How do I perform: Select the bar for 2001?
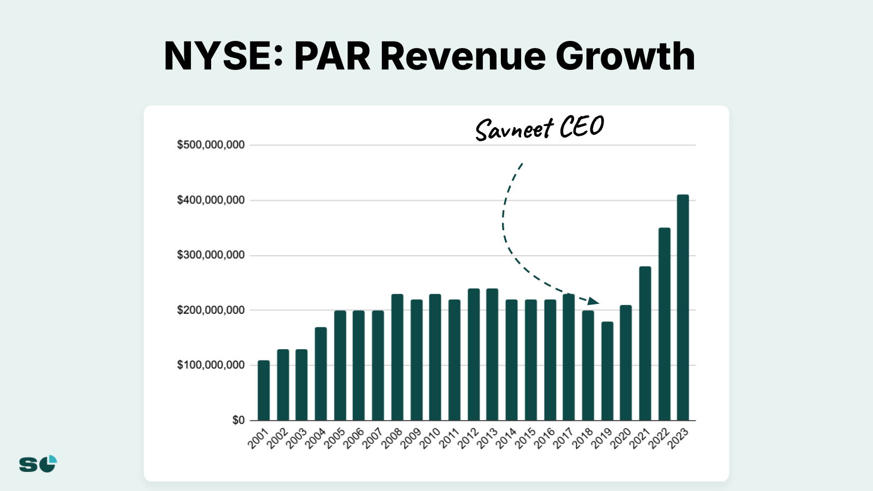point(264,390)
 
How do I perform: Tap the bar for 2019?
point(607,371)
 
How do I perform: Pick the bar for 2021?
point(645,343)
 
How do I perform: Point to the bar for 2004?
point(321,374)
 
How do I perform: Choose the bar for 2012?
point(474,355)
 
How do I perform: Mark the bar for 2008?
point(397,357)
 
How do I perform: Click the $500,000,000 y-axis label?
point(211,145)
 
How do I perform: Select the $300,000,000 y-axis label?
point(211,255)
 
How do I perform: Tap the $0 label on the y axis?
point(238,420)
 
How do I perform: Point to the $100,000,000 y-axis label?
point(211,365)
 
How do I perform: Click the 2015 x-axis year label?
point(525,439)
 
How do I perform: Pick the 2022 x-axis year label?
point(659,439)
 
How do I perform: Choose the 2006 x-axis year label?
point(354,439)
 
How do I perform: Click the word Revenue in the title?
point(463,56)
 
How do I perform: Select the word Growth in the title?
point(625,56)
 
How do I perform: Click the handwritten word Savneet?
point(515,130)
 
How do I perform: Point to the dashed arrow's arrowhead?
point(594,301)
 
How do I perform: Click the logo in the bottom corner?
point(38,464)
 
